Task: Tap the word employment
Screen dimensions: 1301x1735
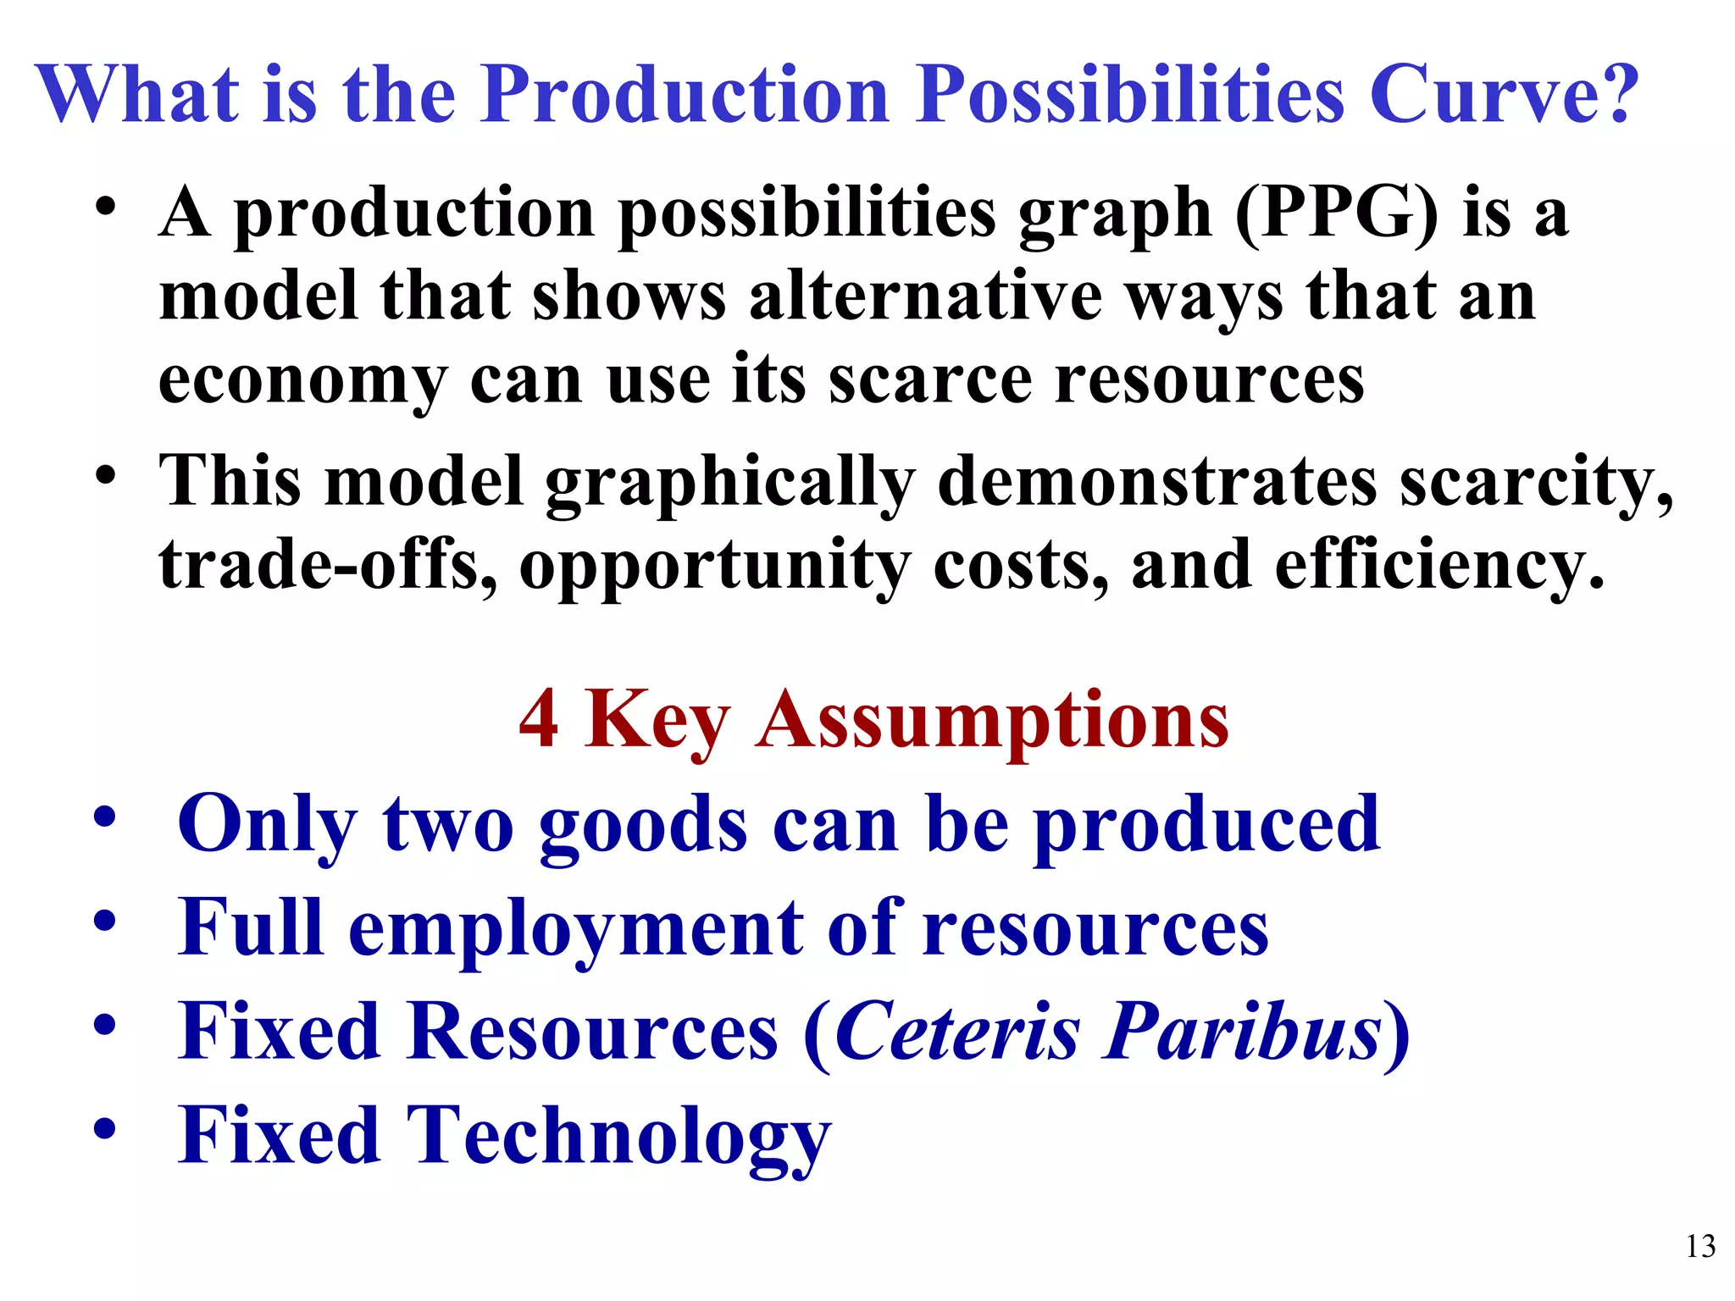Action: [x=575, y=929]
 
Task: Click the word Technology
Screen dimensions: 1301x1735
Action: [x=618, y=1138]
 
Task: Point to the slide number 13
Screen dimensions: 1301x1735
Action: [x=1700, y=1247]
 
